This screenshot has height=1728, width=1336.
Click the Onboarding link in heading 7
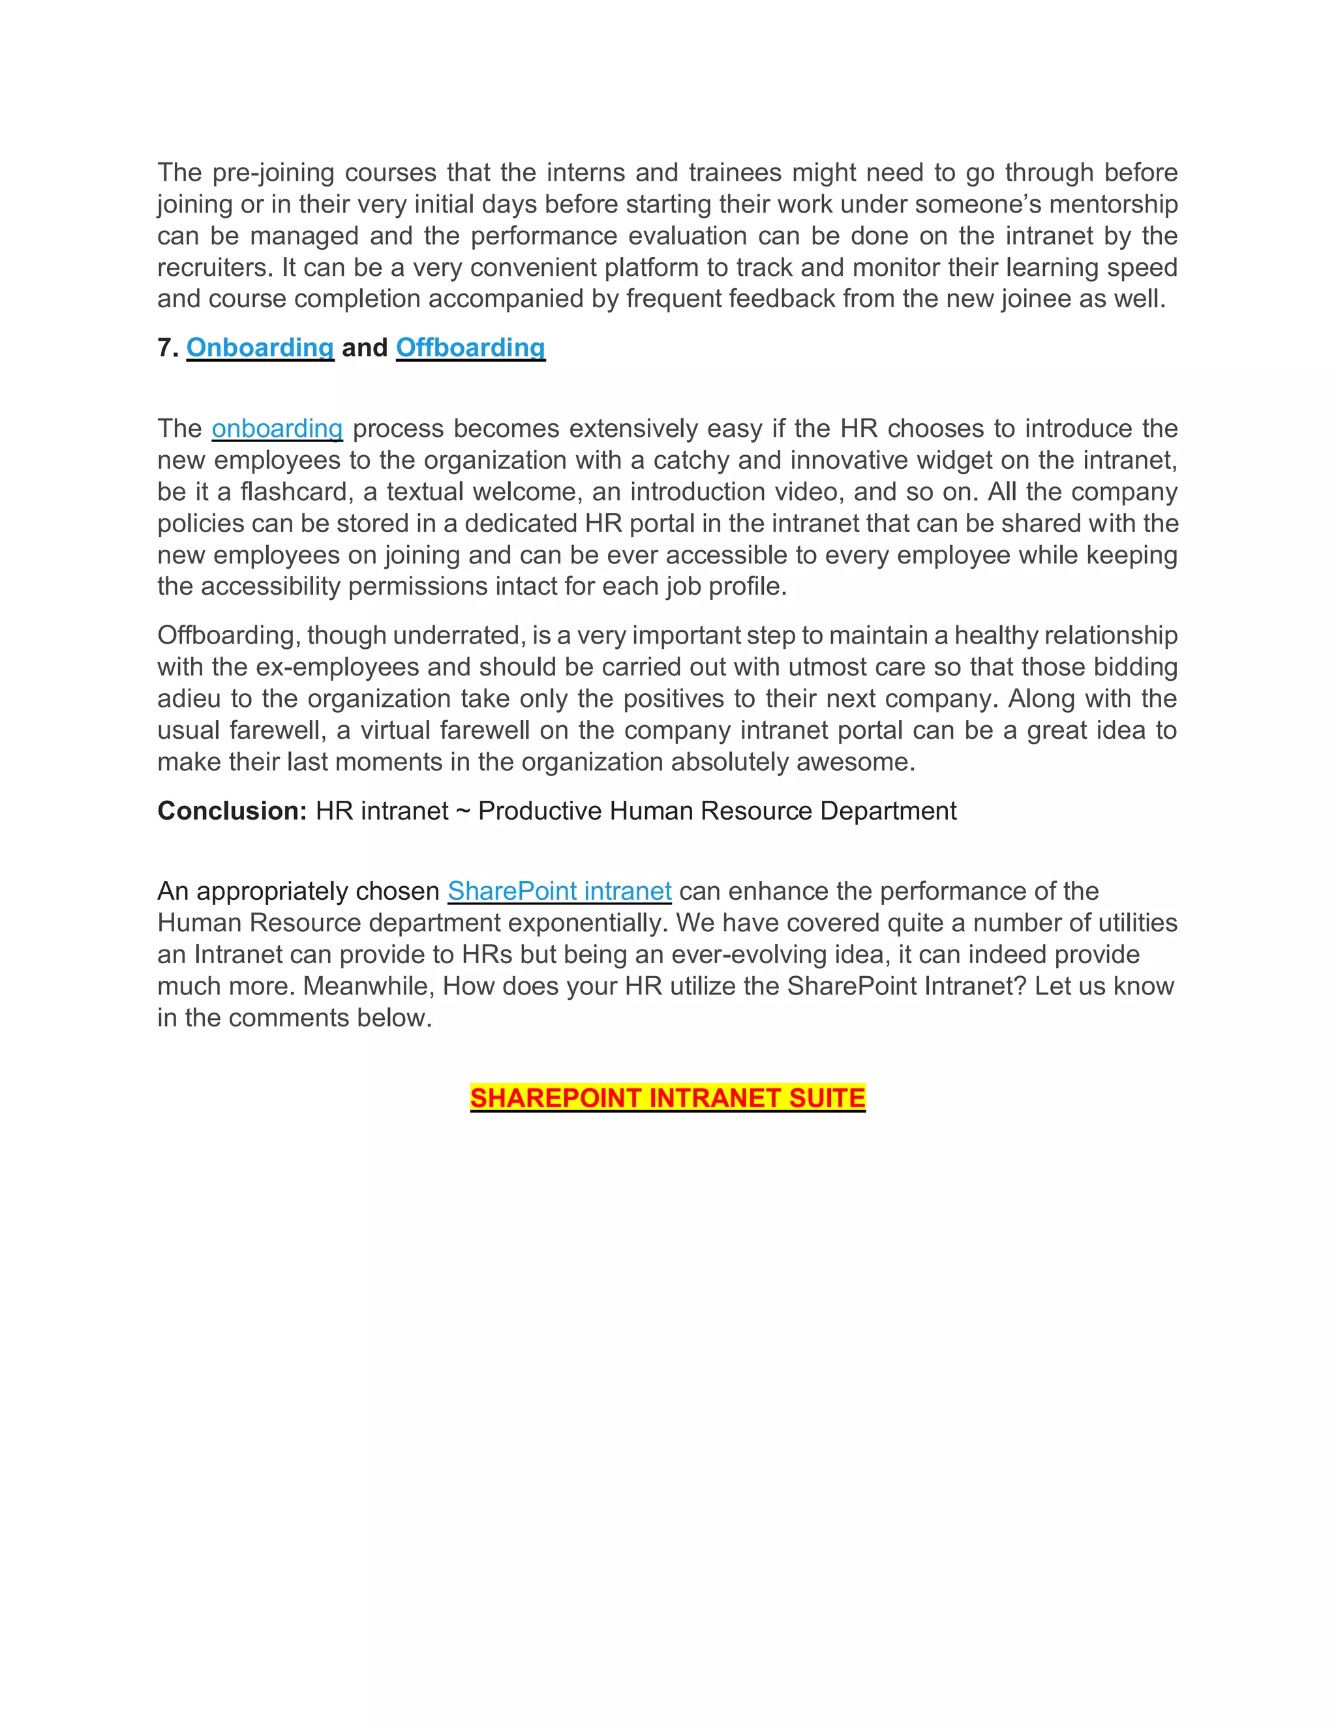click(x=260, y=348)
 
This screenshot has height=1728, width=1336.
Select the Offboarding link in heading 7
click(x=470, y=348)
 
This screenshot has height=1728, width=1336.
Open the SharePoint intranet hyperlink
click(x=560, y=891)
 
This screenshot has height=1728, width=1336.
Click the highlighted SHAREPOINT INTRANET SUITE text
click(x=667, y=1098)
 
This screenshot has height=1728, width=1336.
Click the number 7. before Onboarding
click(x=168, y=348)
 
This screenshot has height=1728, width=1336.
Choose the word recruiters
click(x=215, y=267)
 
